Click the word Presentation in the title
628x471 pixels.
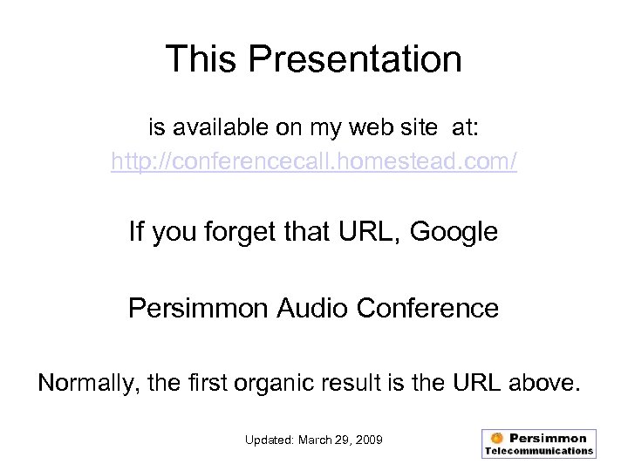tap(355, 59)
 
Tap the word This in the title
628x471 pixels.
tap(201, 59)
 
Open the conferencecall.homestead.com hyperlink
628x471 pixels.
tap(314, 162)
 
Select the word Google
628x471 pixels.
tap(454, 232)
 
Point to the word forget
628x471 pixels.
tap(213, 233)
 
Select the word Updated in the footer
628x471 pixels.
tap(270, 440)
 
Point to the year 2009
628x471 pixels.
tap(367, 440)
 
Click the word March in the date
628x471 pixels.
tap(317, 440)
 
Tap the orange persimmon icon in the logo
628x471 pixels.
tap(496, 438)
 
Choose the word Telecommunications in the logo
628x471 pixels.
tap(539, 451)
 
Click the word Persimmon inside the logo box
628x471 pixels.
tap(548, 438)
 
